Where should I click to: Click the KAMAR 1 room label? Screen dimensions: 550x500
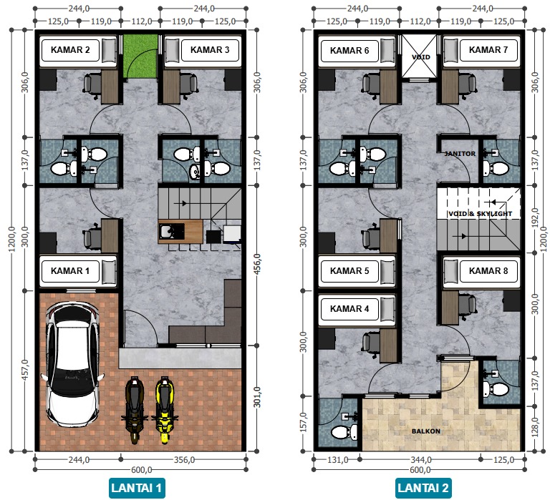click(x=70, y=271)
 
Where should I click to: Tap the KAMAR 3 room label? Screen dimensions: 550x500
click(x=210, y=50)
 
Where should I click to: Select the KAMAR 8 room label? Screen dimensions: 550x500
click(x=488, y=271)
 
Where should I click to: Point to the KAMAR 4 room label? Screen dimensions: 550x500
click(x=349, y=309)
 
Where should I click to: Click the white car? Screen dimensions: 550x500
click(x=72, y=363)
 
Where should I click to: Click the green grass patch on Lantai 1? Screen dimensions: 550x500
click(x=140, y=56)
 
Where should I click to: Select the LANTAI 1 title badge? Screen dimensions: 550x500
click(x=137, y=488)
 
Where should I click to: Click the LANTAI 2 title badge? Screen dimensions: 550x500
click(x=423, y=488)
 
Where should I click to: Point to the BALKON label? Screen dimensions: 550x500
click(x=426, y=431)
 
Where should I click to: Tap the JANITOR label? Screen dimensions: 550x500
click(x=460, y=154)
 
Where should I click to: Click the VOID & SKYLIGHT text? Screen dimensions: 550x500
click(x=481, y=214)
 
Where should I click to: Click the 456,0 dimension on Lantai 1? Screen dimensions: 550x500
click(x=257, y=265)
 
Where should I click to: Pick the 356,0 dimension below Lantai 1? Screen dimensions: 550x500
click(x=185, y=459)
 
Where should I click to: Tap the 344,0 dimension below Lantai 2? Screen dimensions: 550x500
click(x=421, y=459)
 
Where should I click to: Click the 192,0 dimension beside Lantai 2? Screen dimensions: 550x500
click(x=535, y=218)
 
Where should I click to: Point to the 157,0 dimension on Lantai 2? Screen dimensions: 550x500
click(x=304, y=422)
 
